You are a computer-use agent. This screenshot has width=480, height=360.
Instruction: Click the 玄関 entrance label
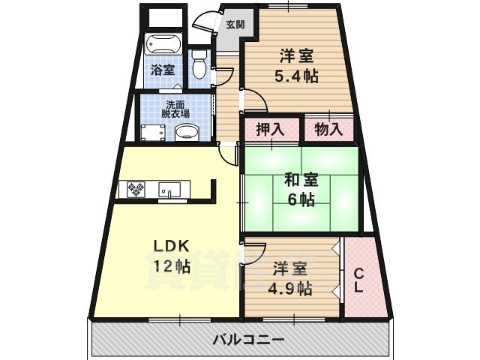(235, 24)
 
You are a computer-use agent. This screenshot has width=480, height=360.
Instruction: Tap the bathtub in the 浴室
(162, 48)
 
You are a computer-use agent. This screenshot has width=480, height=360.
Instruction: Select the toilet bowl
(199, 67)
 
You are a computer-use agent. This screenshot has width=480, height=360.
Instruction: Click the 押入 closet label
(270, 129)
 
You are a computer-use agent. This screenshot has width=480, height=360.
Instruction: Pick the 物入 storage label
(328, 129)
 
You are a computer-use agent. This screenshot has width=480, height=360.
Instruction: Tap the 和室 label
(300, 180)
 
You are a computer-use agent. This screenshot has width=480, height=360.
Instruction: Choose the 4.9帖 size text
(292, 288)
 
